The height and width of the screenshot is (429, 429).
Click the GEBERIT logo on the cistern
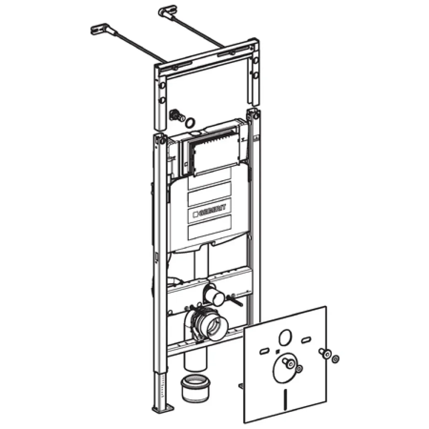pos(209,211)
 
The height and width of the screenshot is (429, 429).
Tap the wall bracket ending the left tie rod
pos(99,29)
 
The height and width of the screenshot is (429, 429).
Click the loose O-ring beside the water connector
pos(191,122)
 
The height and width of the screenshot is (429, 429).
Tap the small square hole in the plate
pos(277,352)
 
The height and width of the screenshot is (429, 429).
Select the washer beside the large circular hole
pos(300,369)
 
